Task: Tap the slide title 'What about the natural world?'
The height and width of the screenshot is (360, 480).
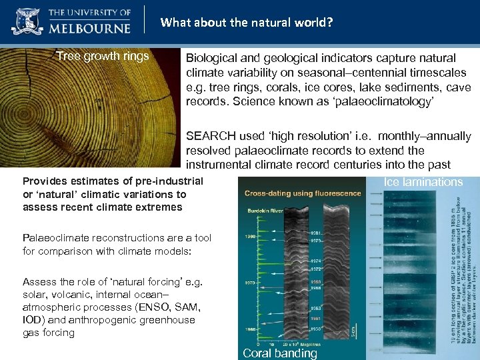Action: pyautogui.click(x=247, y=23)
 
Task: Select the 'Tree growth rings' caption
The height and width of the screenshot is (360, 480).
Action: pyautogui.click(x=103, y=56)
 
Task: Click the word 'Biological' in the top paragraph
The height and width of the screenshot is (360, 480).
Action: pyautogui.click(x=212, y=58)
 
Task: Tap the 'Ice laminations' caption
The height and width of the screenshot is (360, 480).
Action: pyautogui.click(x=423, y=182)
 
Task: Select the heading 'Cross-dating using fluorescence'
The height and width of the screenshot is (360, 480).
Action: pyautogui.click(x=303, y=194)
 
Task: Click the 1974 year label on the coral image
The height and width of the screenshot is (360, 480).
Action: pyautogui.click(x=317, y=261)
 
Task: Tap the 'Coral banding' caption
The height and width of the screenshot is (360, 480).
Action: pyautogui.click(x=280, y=353)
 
